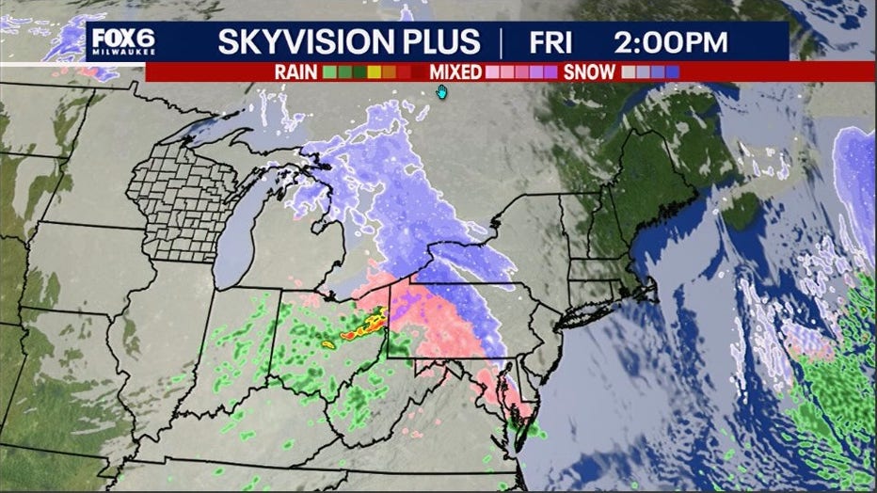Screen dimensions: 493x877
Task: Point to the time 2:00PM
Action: pyautogui.click(x=672, y=42)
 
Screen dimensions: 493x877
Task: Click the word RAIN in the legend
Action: pyautogui.click(x=295, y=72)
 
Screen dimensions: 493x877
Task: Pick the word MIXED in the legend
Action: pyautogui.click(x=455, y=72)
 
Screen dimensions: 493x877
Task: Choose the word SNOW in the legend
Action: pyautogui.click(x=590, y=72)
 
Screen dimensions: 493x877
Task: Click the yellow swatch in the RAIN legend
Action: pyautogui.click(x=375, y=72)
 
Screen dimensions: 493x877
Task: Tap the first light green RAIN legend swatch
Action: pyautogui.click(x=329, y=72)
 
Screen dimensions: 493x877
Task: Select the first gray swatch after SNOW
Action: pyautogui.click(x=628, y=72)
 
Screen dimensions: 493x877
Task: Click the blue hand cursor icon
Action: pyautogui.click(x=441, y=91)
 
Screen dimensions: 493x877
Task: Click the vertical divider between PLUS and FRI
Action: pyautogui.click(x=502, y=42)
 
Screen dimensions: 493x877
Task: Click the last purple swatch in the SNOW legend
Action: pyautogui.click(x=672, y=72)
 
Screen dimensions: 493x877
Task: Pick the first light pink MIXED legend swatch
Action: pyautogui.click(x=491, y=72)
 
